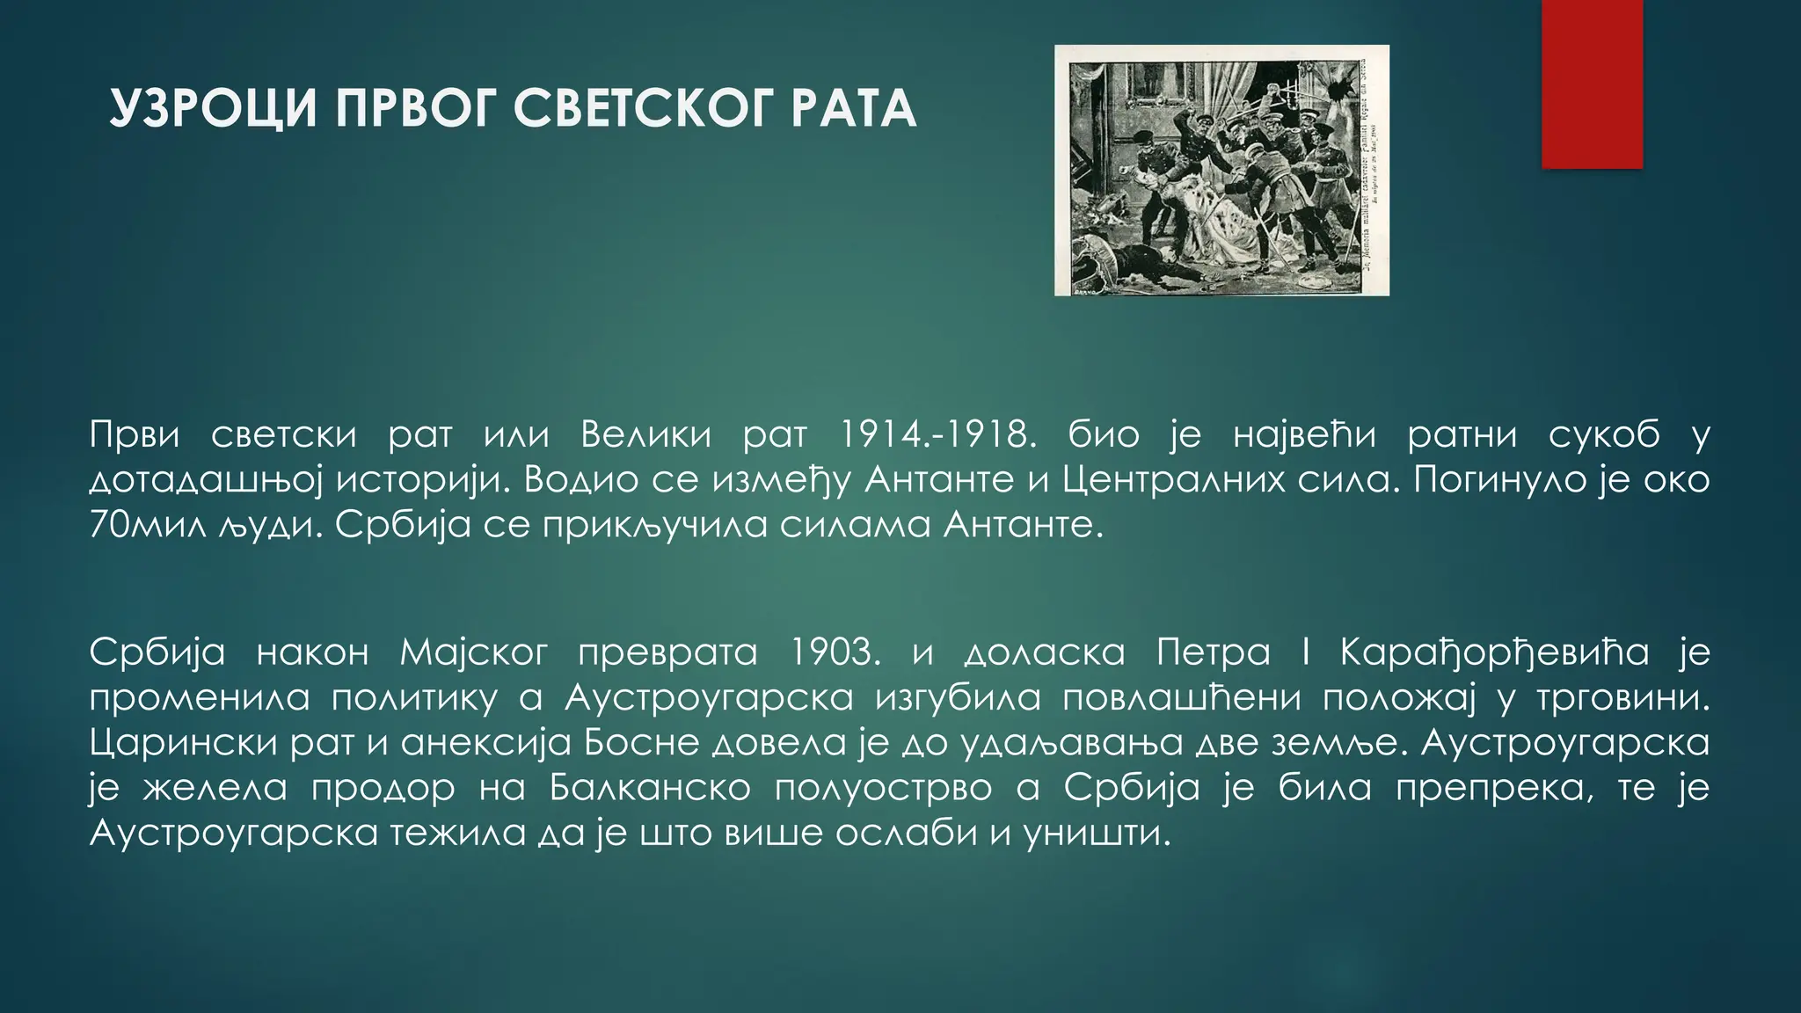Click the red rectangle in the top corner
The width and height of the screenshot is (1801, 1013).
[1592, 84]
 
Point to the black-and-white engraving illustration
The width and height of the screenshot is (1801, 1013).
[1221, 170]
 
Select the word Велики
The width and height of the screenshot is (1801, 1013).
[645, 434]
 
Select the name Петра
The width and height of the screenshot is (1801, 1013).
[1214, 652]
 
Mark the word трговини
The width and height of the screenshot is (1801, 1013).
[1622, 698]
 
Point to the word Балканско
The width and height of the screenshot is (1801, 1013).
[650, 788]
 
